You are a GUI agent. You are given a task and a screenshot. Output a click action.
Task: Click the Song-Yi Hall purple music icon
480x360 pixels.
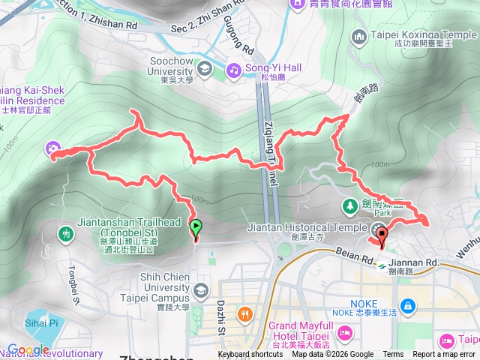(234, 70)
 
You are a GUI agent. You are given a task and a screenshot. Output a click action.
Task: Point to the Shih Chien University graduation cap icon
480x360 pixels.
(199, 290)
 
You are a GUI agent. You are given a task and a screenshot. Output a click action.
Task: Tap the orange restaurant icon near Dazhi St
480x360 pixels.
(243, 313)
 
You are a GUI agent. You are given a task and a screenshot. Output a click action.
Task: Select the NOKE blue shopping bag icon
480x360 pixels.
(406, 305)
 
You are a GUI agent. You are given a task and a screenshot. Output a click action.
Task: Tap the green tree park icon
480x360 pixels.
(349, 205)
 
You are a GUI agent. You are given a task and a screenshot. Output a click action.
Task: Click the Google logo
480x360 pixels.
(28, 349)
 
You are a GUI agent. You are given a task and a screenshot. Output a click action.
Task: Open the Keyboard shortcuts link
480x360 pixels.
(250, 355)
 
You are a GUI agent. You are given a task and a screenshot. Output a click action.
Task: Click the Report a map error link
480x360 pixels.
(445, 355)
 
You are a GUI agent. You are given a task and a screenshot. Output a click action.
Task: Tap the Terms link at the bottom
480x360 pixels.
(393, 355)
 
